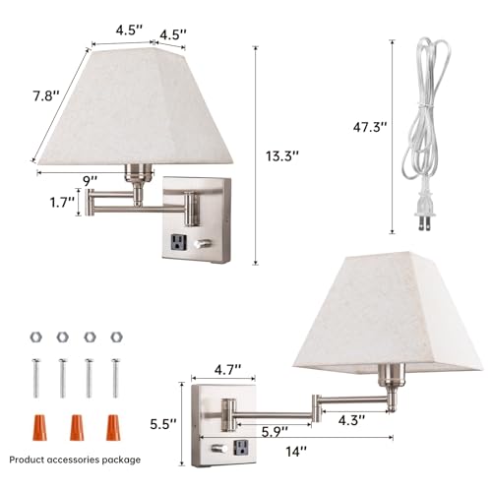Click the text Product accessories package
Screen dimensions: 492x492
point(75,460)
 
